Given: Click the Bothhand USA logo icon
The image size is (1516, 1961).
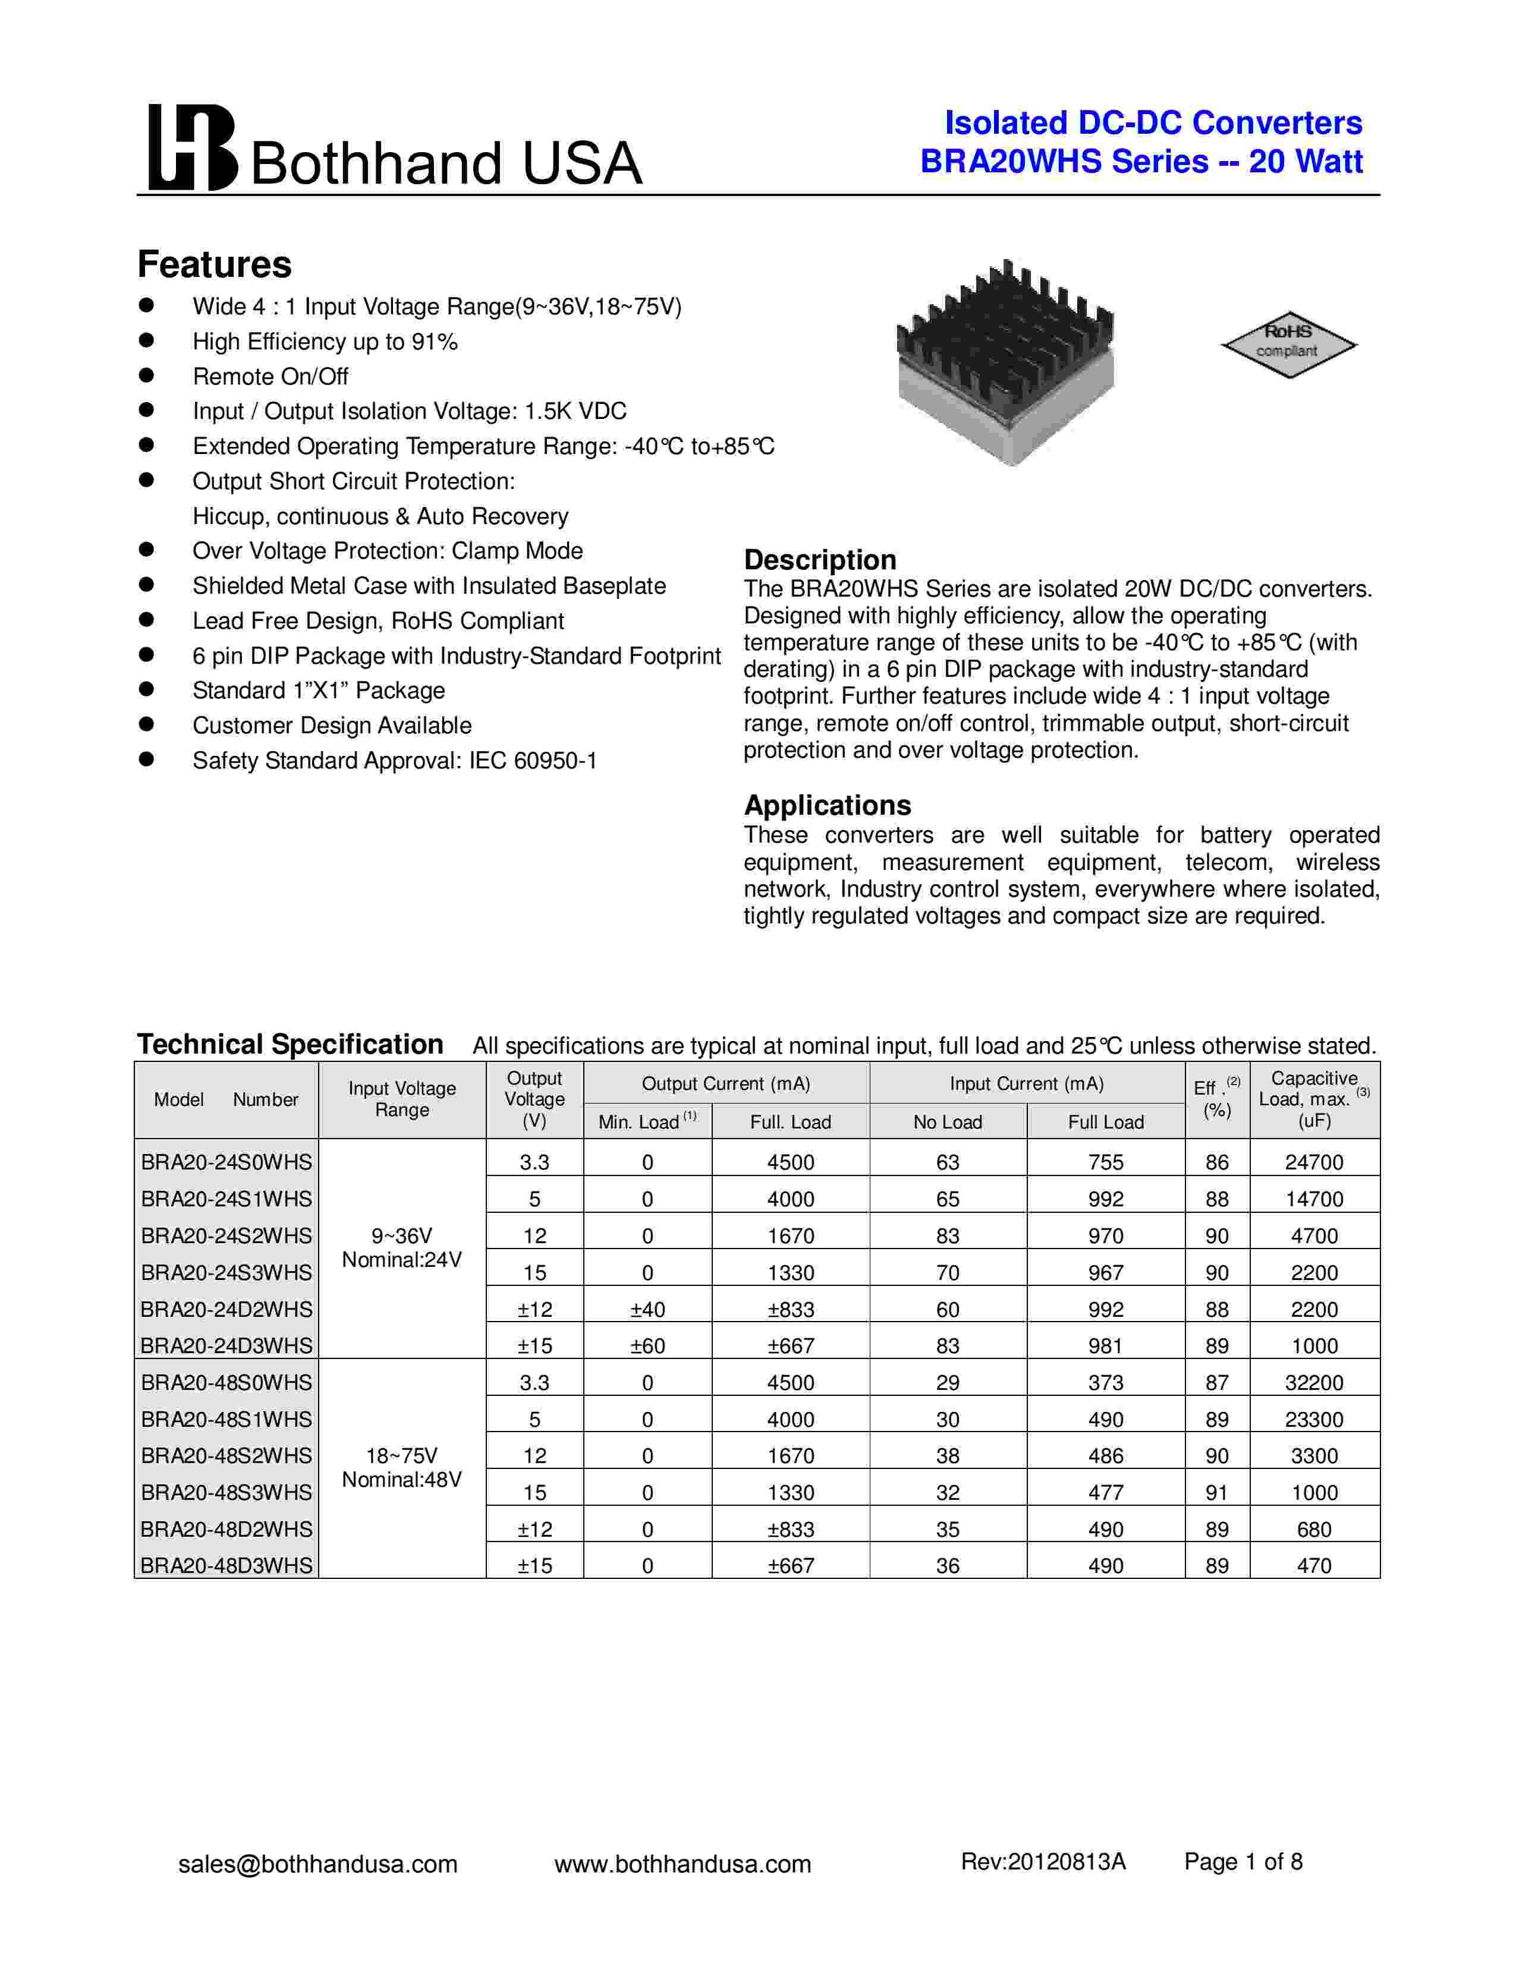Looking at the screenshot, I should [x=192, y=148].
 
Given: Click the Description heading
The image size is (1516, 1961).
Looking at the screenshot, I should [x=819, y=559].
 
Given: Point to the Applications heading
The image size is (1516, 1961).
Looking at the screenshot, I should [x=826, y=805].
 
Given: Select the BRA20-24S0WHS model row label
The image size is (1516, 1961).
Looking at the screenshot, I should [x=227, y=1162].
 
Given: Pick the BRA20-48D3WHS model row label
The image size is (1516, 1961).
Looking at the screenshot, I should [x=227, y=1566].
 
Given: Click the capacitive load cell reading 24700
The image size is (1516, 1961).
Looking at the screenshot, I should [x=1313, y=1162].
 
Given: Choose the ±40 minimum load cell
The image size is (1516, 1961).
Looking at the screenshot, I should [x=647, y=1309].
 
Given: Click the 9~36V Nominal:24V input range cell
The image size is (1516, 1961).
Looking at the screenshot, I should [x=401, y=1248].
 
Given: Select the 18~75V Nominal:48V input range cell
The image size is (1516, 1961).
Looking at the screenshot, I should [x=401, y=1467].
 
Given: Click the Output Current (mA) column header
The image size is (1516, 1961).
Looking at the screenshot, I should [x=726, y=1084].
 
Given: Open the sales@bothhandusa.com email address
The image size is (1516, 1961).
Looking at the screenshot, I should [x=318, y=1864].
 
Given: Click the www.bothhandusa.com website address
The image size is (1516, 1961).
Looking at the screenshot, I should [x=682, y=1864].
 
